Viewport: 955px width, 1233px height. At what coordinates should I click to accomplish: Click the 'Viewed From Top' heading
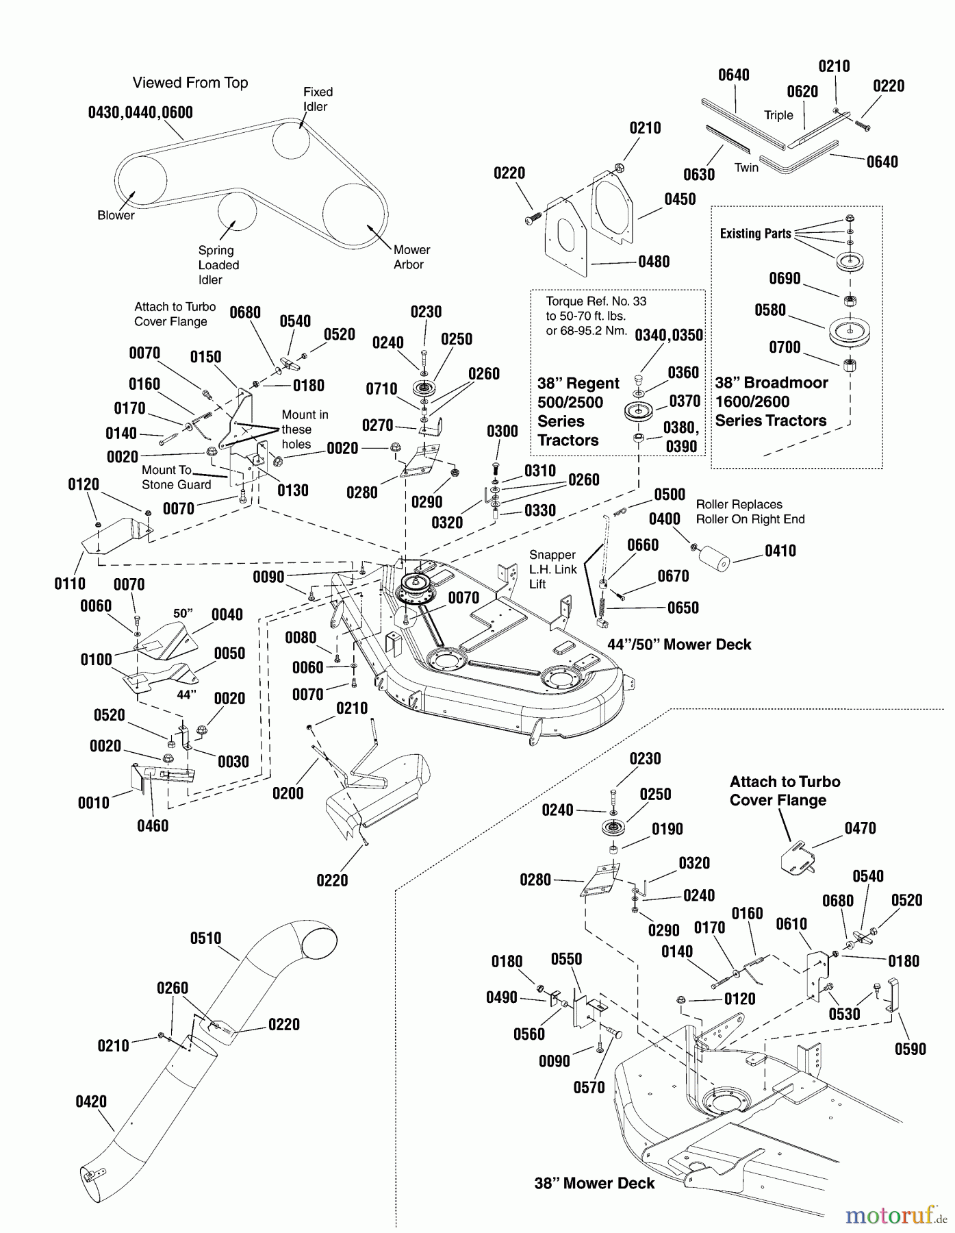click(190, 83)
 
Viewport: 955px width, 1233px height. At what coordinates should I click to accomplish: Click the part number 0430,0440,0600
click(140, 112)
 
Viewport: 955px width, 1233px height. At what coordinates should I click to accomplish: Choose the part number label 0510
click(205, 938)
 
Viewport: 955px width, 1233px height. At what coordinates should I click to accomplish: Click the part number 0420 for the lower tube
click(91, 1101)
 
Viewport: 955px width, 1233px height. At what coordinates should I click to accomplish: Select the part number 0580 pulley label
click(769, 310)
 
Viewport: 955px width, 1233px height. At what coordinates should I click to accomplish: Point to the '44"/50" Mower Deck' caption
click(679, 645)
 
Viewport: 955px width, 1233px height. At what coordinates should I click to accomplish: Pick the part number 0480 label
click(653, 262)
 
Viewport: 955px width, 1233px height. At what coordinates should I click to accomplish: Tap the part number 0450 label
click(679, 199)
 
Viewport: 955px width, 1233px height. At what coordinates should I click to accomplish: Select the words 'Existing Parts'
click(755, 234)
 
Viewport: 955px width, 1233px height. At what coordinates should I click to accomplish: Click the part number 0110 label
click(70, 584)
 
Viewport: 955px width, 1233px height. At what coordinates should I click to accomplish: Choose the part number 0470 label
click(860, 829)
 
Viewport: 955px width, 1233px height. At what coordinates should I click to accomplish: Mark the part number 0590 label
click(910, 1049)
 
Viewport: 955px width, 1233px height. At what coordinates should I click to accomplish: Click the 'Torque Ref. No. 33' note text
click(596, 301)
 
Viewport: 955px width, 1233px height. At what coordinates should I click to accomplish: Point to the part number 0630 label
click(698, 175)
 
